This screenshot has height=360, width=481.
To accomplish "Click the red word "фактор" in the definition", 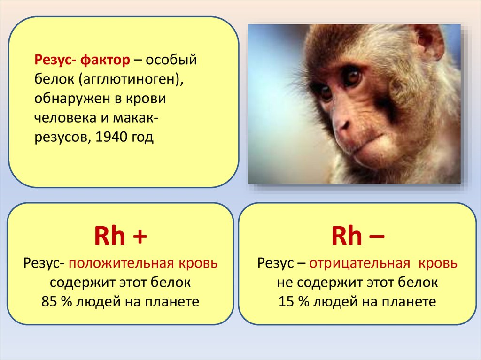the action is (x=105, y=60).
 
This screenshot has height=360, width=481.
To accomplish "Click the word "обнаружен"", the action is (x=72, y=99).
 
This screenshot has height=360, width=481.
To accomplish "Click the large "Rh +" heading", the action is (x=121, y=236).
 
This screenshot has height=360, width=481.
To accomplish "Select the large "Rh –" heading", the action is (x=357, y=236).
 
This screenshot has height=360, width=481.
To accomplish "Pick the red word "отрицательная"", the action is (x=359, y=263).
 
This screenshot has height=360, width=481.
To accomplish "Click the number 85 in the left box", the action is (x=49, y=302).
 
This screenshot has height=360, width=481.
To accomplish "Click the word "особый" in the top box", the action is (x=171, y=60).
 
